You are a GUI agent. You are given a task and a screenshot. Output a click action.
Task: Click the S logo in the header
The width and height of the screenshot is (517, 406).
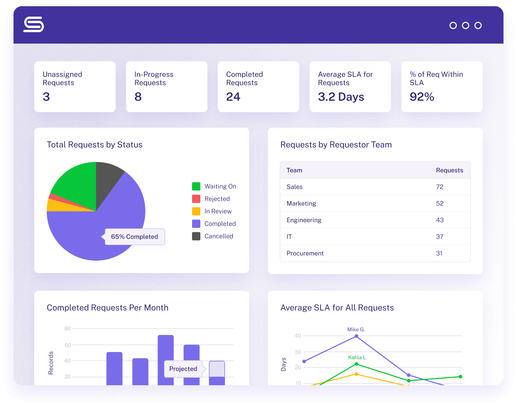point(34,25)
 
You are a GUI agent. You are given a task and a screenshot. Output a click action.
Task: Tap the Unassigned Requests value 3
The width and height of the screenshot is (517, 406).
point(46,97)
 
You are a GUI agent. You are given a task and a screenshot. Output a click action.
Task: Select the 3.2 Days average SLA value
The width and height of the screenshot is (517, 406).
point(341,97)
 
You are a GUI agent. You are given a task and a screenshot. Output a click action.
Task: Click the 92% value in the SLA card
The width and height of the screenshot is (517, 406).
point(422,97)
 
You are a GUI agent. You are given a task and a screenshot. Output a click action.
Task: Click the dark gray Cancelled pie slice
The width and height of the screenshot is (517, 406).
point(107,177)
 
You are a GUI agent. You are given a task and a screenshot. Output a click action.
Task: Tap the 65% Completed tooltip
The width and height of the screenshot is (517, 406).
point(135,237)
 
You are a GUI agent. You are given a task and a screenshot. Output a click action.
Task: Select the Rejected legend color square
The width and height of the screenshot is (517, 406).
point(196,199)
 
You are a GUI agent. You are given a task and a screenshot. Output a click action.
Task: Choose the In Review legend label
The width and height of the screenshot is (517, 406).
point(218,211)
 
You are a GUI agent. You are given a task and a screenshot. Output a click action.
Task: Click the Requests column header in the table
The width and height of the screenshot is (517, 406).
point(449,170)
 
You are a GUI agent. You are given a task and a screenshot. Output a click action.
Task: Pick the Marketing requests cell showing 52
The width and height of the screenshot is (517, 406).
point(439,204)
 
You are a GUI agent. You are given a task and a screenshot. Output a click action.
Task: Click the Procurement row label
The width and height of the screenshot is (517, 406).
point(305,253)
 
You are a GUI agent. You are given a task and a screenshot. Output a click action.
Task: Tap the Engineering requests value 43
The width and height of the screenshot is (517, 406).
point(439,220)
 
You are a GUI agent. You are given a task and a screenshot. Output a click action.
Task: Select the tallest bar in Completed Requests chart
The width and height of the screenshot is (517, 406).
point(165,360)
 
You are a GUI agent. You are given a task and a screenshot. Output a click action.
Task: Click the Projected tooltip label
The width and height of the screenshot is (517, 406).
point(183,369)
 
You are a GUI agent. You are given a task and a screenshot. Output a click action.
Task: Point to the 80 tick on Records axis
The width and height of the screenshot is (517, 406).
point(67,328)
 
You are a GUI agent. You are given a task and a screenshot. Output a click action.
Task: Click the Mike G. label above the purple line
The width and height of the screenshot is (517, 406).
point(356,330)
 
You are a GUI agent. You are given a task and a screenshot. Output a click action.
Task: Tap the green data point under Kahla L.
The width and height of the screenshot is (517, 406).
point(356,364)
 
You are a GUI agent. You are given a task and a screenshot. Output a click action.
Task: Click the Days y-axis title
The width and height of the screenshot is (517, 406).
point(284,364)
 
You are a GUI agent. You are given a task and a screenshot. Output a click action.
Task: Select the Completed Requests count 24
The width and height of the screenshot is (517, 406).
point(233,97)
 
